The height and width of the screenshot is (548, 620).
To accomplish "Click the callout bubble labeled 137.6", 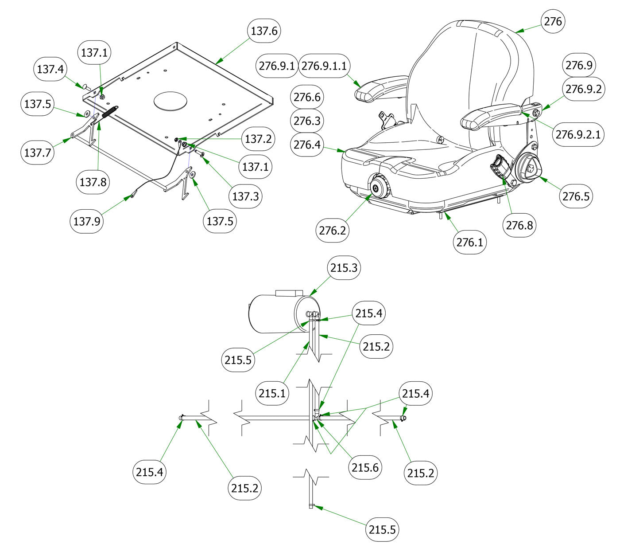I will pyautogui.click(x=264, y=31).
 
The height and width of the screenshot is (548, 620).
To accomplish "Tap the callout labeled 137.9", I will pyautogui.click(x=86, y=220).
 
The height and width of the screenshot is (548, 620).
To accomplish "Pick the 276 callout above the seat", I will pyautogui.click(x=553, y=21).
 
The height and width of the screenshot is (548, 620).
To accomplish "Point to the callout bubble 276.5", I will pyautogui.click(x=576, y=196).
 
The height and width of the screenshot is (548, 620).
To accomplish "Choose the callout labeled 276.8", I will pyautogui.click(x=519, y=225).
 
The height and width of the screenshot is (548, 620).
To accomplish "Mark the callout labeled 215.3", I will pyautogui.click(x=343, y=267).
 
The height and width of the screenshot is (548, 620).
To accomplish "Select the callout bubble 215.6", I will pyautogui.click(x=365, y=467).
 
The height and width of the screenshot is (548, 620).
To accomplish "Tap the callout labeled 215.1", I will pyautogui.click(x=272, y=392).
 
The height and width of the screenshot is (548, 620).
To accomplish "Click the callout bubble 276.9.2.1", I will pyautogui.click(x=578, y=133).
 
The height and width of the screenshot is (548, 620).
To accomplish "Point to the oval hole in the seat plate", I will pyautogui.click(x=170, y=101).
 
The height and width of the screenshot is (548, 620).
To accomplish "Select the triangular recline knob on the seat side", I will pyautogui.click(x=530, y=167).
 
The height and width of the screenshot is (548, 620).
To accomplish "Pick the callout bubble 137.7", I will pyautogui.click(x=37, y=153).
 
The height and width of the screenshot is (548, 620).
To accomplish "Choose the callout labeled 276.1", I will pyautogui.click(x=470, y=242).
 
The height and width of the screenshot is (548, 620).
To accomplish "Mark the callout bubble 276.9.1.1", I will pyautogui.click(x=325, y=66).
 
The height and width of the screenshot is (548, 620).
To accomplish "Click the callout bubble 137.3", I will pyautogui.click(x=245, y=196).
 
